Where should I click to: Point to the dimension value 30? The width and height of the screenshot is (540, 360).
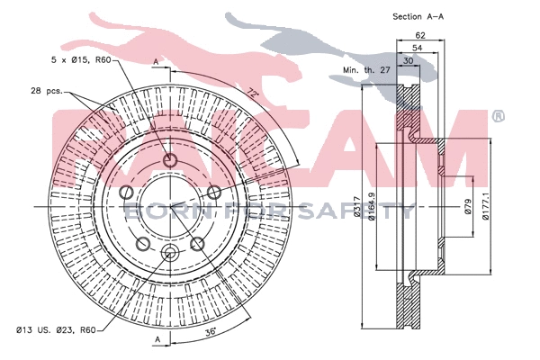pyautogui.click(x=409, y=60)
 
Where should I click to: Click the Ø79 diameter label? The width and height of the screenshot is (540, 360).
pyautogui.click(x=469, y=209)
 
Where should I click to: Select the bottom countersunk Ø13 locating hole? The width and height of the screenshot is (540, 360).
pyautogui.click(x=169, y=252)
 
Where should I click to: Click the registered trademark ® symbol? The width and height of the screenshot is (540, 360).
pyautogui.click(x=498, y=116)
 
